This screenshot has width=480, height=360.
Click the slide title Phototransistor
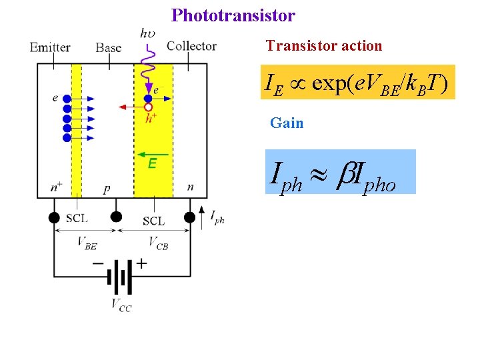pyautogui.click(x=233, y=15)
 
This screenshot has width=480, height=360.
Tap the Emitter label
pyautogui.click(x=50, y=47)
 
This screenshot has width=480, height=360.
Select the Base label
pyautogui.click(x=108, y=47)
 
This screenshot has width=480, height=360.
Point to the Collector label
pyautogui.click(x=191, y=45)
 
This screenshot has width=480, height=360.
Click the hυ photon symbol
pyautogui.click(x=148, y=33)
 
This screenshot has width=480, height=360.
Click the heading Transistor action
pyautogui.click(x=324, y=46)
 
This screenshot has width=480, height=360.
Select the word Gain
pyautogui.click(x=287, y=123)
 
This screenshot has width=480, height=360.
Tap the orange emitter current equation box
pyautogui.click(x=357, y=82)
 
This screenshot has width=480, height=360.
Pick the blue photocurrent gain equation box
pyautogui.click(x=340, y=172)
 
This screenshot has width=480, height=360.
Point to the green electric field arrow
pyautogui.click(x=153, y=153)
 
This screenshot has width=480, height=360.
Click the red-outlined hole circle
pyautogui.click(x=148, y=107)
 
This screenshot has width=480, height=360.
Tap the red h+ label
pyautogui.click(x=151, y=119)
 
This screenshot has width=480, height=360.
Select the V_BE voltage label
pyautogui.click(x=86, y=243)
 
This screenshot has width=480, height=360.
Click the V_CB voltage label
pyautogui.click(x=158, y=243)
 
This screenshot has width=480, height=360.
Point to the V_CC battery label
pyautogui.click(x=122, y=305)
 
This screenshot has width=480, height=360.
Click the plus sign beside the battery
pyautogui.click(x=141, y=264)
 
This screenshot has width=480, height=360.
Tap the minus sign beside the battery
pyautogui.click(x=99, y=264)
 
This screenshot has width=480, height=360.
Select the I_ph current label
pyautogui.click(x=217, y=217)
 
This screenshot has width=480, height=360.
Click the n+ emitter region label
pyautogui.click(x=57, y=188)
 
